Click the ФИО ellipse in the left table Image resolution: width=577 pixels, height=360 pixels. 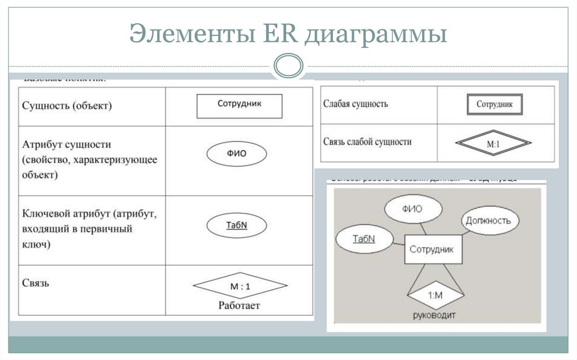tap(237, 153)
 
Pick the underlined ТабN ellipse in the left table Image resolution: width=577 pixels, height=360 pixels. tap(237, 225)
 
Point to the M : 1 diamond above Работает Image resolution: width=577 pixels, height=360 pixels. tap(240, 286)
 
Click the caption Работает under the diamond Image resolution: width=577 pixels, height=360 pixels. tap(239, 306)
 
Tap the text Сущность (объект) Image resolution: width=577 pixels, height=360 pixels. tap(66, 105)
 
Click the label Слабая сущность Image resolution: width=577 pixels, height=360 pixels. tap(355, 104)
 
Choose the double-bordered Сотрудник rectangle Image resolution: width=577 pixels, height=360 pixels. tap(494, 105)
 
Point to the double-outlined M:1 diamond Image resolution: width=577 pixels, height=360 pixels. tap(493, 144)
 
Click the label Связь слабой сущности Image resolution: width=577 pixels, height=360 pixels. tap(367, 142)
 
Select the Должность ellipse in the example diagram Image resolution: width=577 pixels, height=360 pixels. tap(488, 220)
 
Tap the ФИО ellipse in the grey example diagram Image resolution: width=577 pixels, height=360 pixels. tap(412, 209)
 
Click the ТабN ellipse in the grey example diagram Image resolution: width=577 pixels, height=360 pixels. tap(363, 239)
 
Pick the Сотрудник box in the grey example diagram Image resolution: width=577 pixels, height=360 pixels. tap(432, 250)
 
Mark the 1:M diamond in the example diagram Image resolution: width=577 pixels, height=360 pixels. tap(436, 295)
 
